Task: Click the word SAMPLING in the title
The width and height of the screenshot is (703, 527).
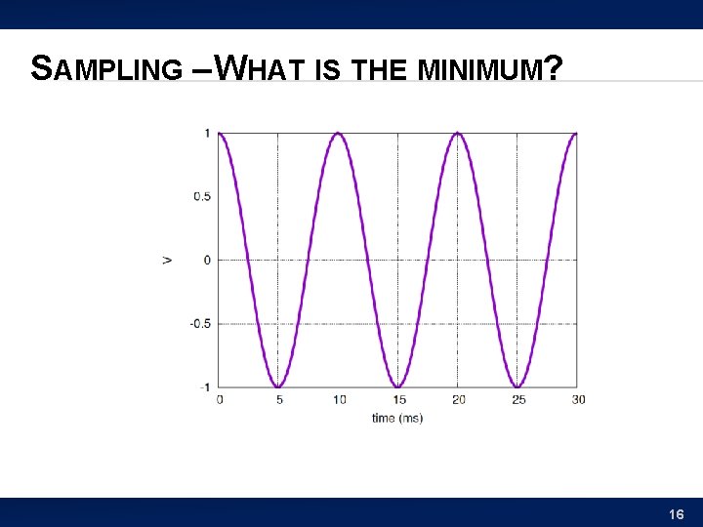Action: pos(106,68)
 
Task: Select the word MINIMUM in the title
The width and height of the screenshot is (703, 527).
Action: pos(482,69)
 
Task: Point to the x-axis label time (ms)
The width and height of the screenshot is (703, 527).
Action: pos(397,418)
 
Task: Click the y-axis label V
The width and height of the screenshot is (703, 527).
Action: pos(168,260)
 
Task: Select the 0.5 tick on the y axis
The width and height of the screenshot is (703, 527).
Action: pos(202,196)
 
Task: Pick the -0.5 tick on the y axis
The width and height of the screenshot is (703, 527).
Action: pos(200,323)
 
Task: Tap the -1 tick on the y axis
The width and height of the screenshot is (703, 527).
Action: pos(205,387)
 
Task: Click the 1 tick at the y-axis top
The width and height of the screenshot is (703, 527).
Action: pos(207,133)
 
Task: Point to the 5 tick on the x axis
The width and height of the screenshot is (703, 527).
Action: pos(278,399)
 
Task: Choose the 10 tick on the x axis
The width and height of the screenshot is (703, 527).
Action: pos(338,399)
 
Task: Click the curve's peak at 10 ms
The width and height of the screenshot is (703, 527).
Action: pos(338,134)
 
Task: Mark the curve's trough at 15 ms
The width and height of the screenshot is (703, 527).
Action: pos(397,386)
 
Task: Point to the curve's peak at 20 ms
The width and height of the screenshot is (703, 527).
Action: pos(457,134)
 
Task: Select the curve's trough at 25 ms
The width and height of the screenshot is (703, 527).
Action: pos(517,386)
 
